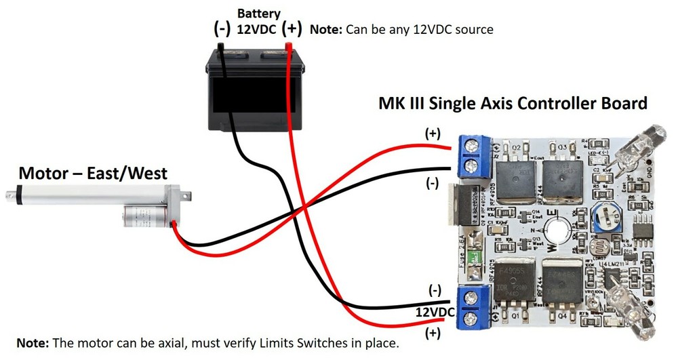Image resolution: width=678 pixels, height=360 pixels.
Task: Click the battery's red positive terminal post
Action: (289, 48)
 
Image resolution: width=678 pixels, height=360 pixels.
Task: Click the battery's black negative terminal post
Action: (221, 48)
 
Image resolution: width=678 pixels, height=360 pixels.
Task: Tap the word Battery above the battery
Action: (258, 13)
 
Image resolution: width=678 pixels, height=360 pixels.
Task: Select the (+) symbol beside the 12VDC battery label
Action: (292, 29)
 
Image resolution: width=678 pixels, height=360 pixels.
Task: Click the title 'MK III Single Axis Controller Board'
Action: (513, 104)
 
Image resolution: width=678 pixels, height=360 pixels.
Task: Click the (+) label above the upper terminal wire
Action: (432, 134)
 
